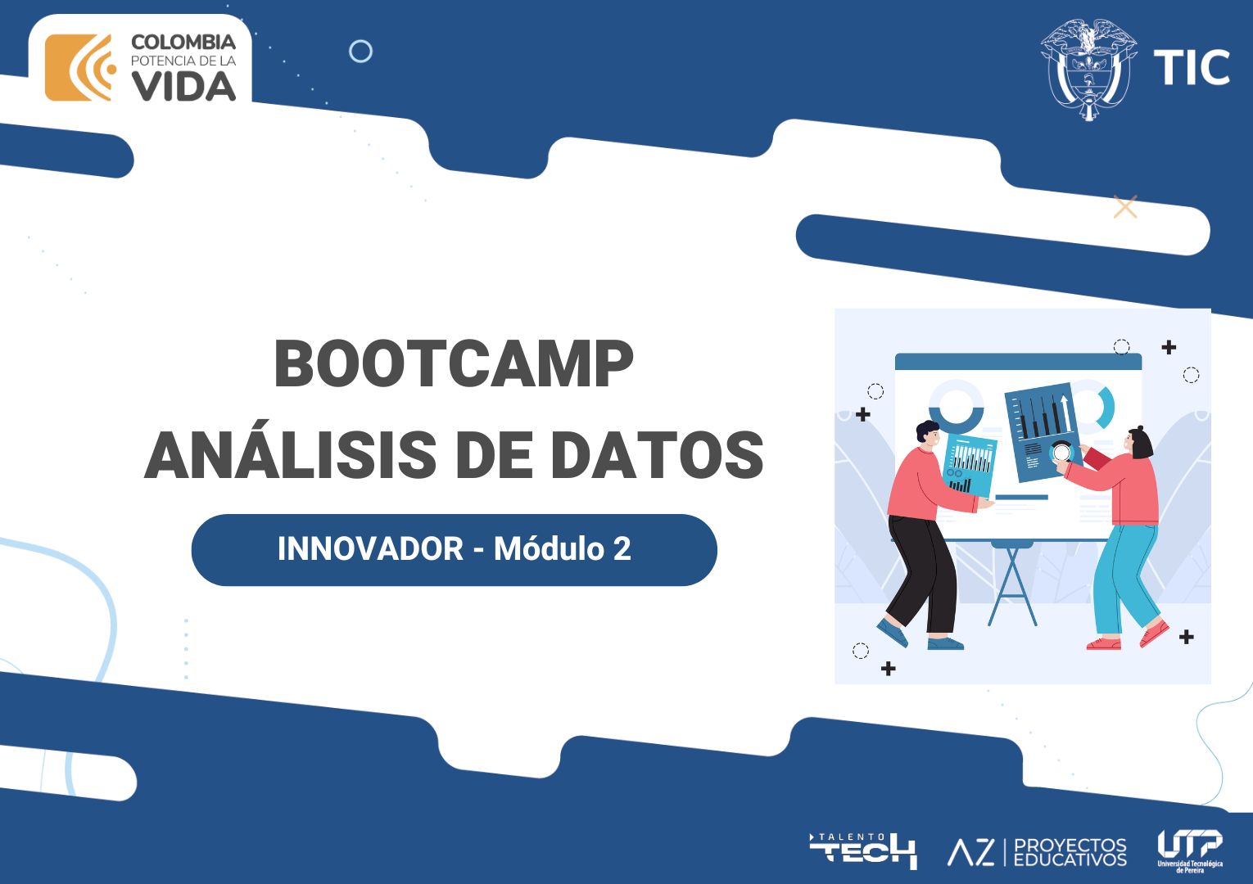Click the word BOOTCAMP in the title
454,363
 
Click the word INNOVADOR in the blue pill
370,548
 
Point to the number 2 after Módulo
622,548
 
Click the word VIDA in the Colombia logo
183,88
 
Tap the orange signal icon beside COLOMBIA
80,68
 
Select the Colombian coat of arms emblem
1088,70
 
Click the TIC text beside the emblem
1192,67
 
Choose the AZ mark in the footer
970,853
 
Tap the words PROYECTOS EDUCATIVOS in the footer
1070,852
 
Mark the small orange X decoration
1125,207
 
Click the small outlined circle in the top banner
361,52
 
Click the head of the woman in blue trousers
1139,442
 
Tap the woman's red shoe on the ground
1104,644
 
